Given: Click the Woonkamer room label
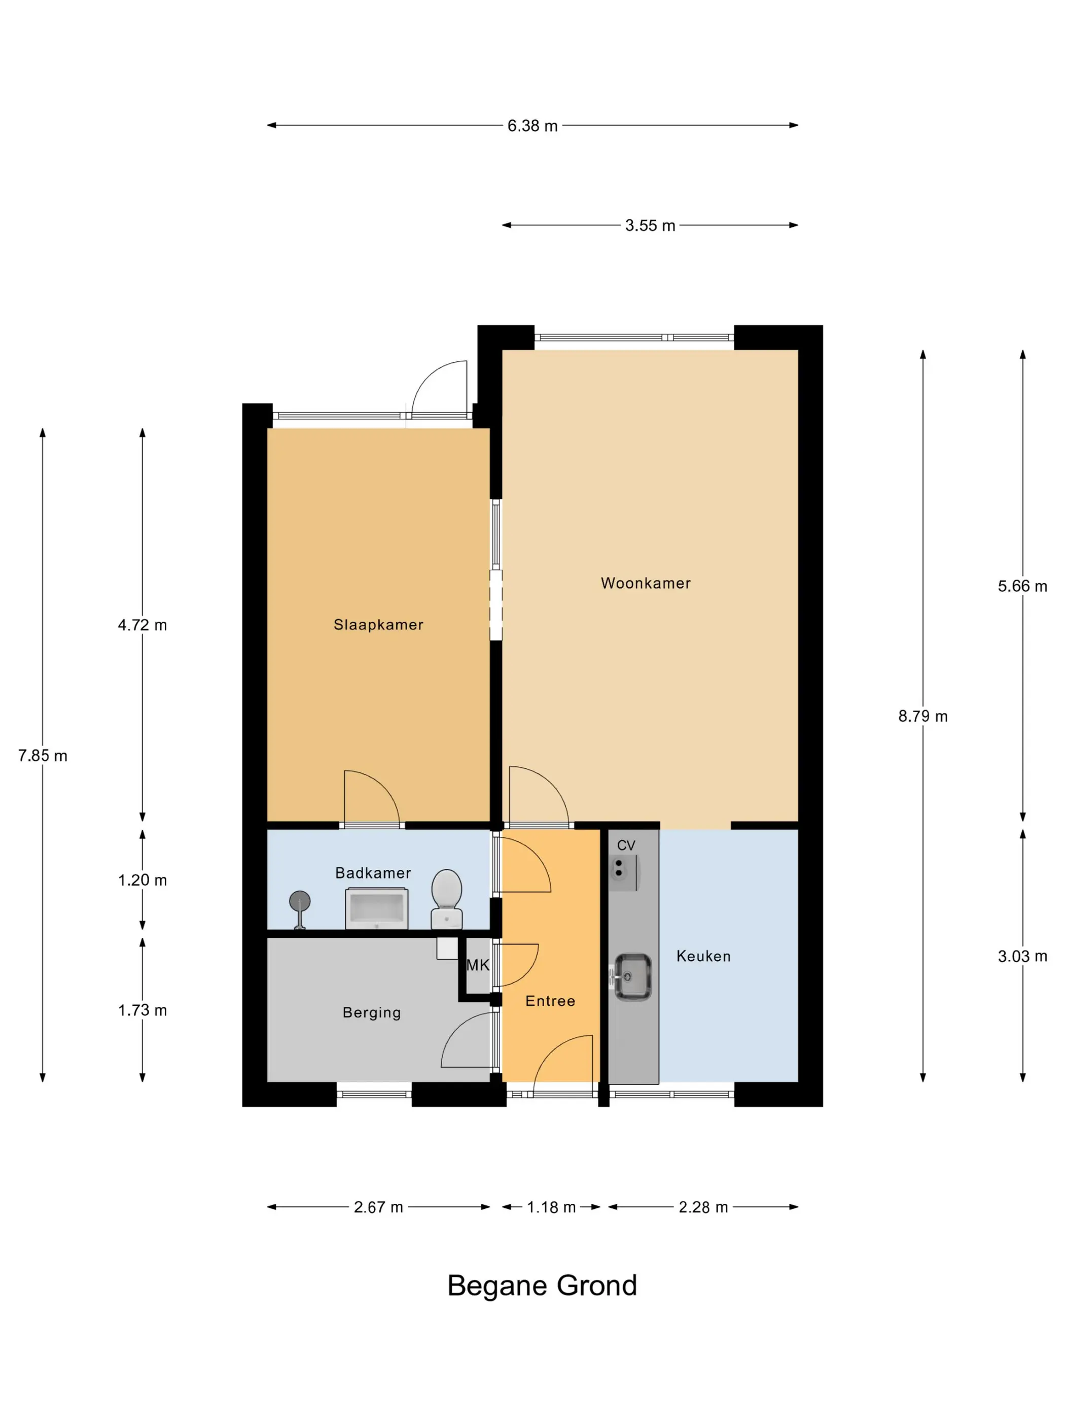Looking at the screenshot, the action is (x=645, y=583).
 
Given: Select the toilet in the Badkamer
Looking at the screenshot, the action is (x=446, y=899).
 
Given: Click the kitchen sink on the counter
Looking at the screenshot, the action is (x=632, y=976).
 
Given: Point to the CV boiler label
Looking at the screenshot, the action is (x=626, y=845).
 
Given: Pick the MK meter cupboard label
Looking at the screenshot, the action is (x=478, y=965).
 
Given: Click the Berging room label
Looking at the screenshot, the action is (x=372, y=1013).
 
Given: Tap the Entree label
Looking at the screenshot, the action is (x=550, y=1001).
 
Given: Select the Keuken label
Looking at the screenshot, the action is (x=703, y=956).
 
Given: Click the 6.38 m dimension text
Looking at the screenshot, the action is (x=532, y=126).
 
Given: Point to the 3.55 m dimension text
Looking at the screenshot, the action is (x=650, y=225).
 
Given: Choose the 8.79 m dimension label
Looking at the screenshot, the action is (x=922, y=716).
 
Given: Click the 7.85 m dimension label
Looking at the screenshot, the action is (x=43, y=756).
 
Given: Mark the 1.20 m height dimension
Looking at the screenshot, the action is (x=142, y=880).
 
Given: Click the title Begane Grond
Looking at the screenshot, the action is (x=542, y=1285).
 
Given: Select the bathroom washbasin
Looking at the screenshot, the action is (x=377, y=908).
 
